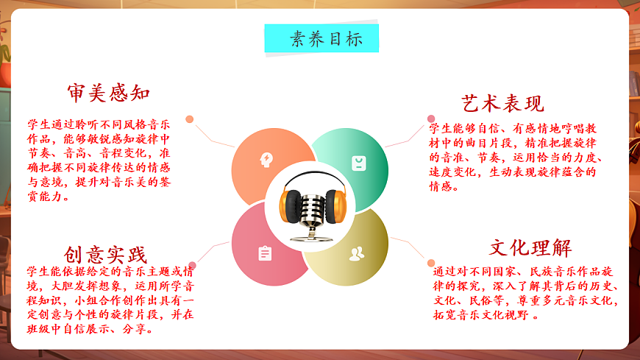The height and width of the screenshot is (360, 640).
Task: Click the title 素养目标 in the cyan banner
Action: point(321,39)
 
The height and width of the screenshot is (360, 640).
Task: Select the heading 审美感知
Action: point(109,93)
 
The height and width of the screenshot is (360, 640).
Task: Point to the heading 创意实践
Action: point(106,255)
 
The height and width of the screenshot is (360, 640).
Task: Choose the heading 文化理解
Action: point(530,247)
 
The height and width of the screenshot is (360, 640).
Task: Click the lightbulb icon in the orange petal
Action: point(266,160)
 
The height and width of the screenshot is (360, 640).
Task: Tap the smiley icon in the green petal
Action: point(358,163)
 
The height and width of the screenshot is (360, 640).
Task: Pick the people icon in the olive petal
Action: point(357,254)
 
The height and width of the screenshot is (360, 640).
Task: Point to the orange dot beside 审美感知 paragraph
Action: point(190,119)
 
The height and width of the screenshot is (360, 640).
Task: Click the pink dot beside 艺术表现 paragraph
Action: point(432,119)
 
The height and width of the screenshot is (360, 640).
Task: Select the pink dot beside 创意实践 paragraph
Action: point(192,265)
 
